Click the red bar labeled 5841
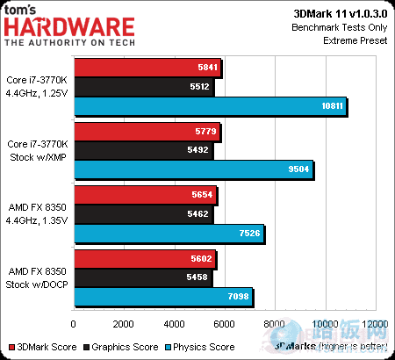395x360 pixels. [148, 68]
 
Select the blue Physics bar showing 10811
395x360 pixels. [211, 106]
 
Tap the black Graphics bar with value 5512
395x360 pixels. [144, 87]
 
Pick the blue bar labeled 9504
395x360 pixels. [194, 169]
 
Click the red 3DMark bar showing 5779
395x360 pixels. [147, 131]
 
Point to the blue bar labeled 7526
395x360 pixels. [169, 233]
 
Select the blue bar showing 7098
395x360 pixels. [164, 296]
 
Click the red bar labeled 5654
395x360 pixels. [146, 194]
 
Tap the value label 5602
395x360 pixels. [201, 258]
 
